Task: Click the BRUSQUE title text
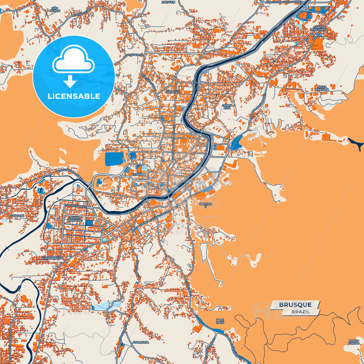click(295, 305)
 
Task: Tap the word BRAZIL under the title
click(301, 312)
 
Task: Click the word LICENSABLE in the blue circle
click(74, 96)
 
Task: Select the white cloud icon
click(73, 60)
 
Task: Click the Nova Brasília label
click(322, 88)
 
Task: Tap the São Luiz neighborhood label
click(173, 91)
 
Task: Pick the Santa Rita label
click(227, 107)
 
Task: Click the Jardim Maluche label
click(75, 219)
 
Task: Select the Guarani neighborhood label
click(18, 216)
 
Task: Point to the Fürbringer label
click(51, 258)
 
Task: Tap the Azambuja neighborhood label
click(141, 342)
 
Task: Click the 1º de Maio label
click(220, 321)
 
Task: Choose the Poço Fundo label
click(354, 342)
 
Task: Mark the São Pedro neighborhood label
click(55, 10)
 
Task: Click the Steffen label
click(169, 2)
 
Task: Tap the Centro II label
click(206, 205)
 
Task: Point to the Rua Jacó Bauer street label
click(76, 206)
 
